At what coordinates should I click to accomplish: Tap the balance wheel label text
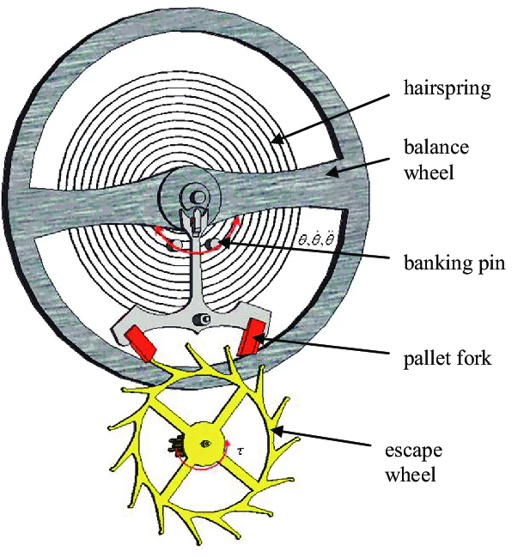pos(436,160)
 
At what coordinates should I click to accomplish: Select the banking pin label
pos(454,263)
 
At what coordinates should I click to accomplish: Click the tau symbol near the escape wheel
pos(241,449)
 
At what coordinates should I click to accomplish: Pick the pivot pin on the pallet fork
pos(202,321)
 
